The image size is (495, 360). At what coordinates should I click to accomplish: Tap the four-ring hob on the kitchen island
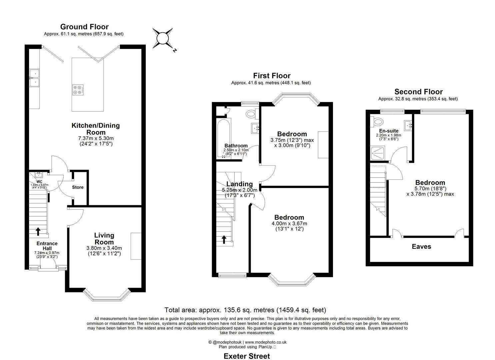(78, 90)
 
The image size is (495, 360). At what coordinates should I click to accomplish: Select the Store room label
(78, 187)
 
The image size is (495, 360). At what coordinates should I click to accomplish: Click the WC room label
(39, 181)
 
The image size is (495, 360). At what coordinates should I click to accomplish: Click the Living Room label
(104, 239)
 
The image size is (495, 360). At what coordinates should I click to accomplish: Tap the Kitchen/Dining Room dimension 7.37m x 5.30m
(96, 138)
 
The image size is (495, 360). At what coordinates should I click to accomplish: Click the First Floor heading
(271, 76)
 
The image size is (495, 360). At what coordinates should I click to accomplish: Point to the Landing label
(239, 184)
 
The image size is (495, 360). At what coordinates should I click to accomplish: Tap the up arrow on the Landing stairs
(224, 239)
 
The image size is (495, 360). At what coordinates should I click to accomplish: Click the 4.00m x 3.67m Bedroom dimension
(289, 223)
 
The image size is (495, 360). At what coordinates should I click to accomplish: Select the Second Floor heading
(418, 92)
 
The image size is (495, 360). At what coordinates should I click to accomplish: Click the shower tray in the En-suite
(377, 153)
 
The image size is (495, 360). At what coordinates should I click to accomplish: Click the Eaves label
(421, 247)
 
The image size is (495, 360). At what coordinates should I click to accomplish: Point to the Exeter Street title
(247, 356)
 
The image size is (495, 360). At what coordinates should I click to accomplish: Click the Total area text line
(245, 310)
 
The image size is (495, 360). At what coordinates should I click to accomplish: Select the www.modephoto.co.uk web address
(266, 342)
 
